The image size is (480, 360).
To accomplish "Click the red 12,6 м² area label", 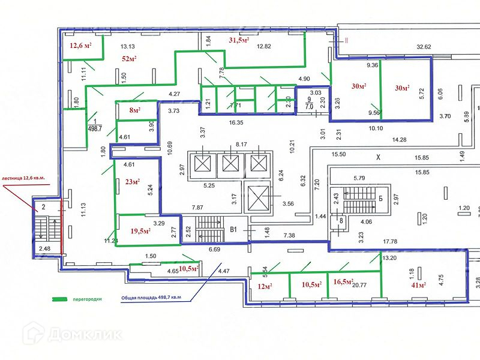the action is tap(81, 46).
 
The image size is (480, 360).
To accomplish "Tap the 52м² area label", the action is tap(130, 59).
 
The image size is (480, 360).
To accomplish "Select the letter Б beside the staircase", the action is tap(380, 198).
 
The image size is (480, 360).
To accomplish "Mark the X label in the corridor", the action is tap(378, 158).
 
